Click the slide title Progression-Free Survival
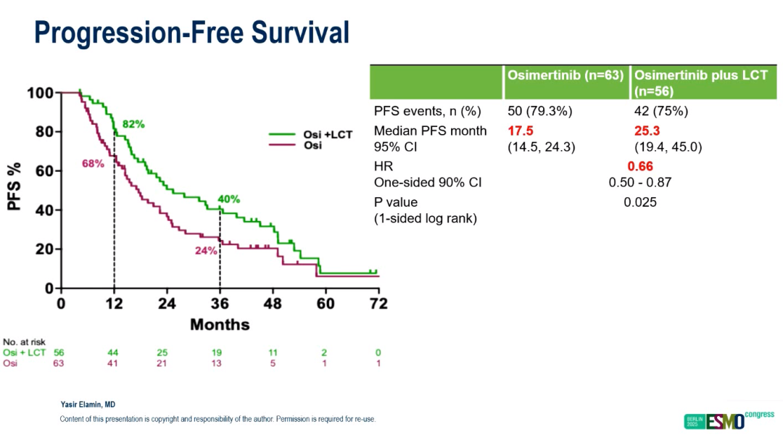[x=191, y=33]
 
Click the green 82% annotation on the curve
[x=133, y=124]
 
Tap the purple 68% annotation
[x=93, y=164]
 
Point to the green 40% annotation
[x=229, y=199]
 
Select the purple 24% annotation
[x=206, y=251]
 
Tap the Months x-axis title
[x=220, y=324]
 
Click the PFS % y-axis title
[x=16, y=186]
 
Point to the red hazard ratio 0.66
[x=641, y=167]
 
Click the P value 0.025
[x=640, y=202]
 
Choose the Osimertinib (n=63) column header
[x=565, y=75]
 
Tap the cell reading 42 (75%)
[x=660, y=112]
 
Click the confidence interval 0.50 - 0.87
[x=640, y=183]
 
